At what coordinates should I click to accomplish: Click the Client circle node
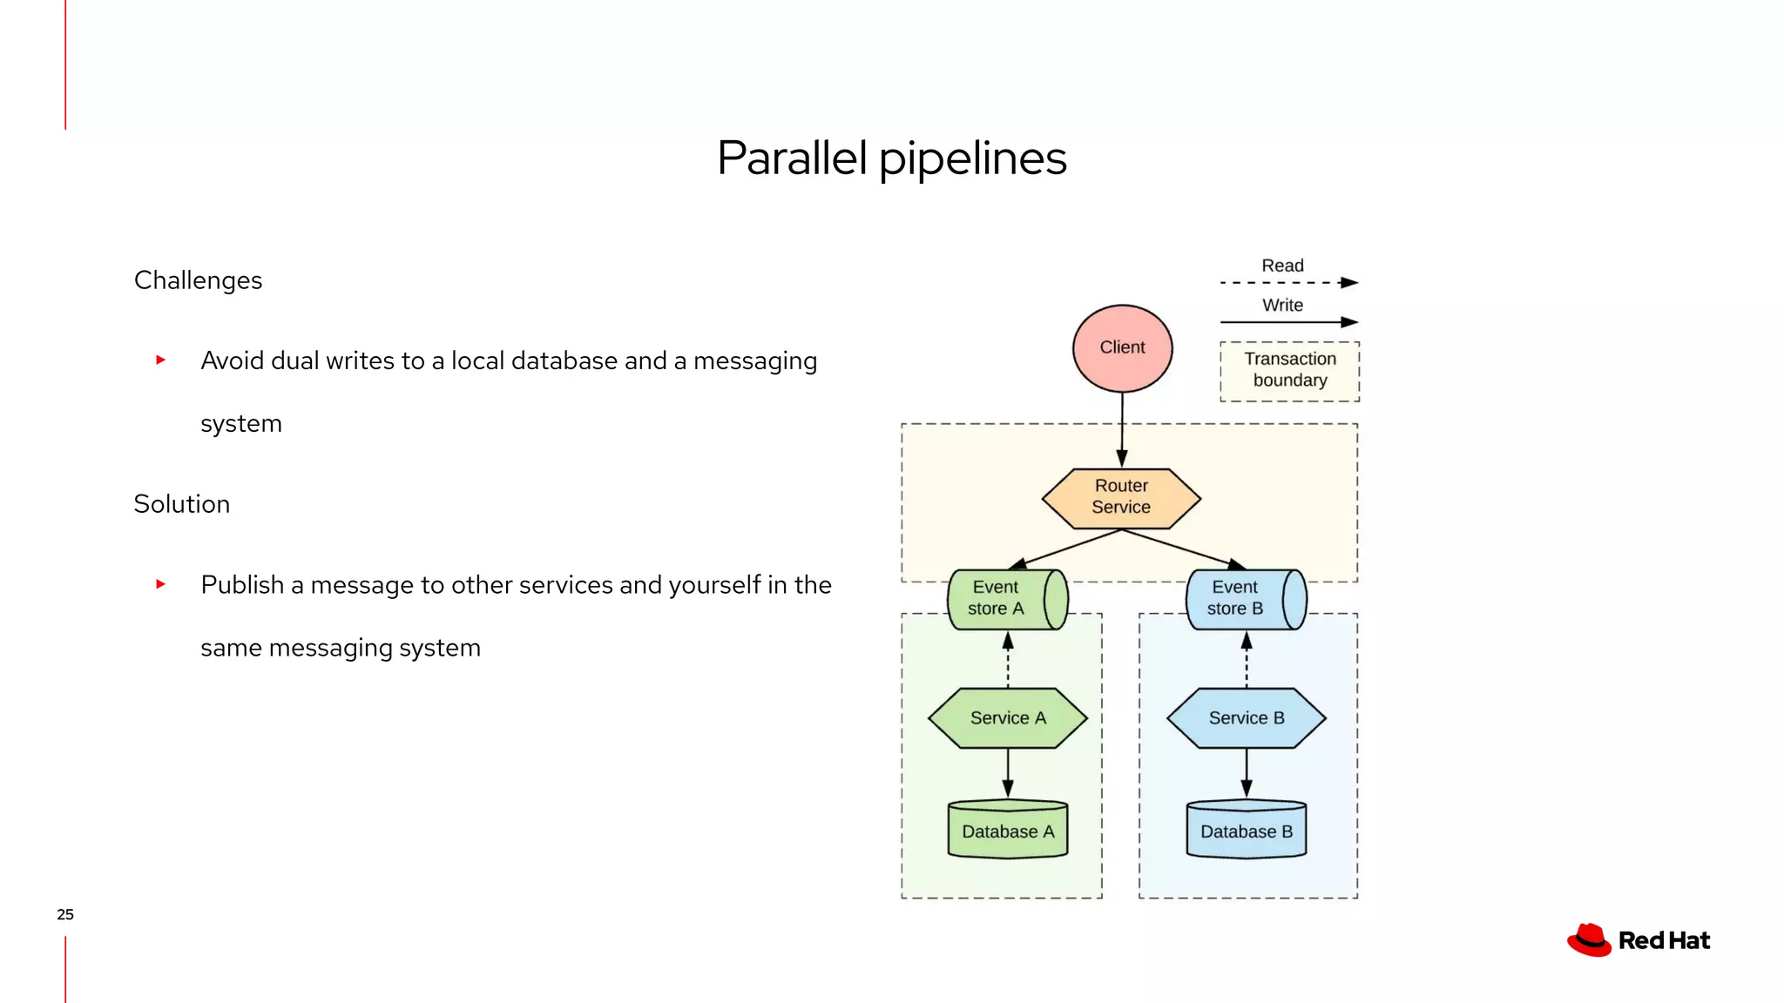(1122, 348)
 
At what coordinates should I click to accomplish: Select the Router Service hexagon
(1121, 498)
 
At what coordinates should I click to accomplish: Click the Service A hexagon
(1008, 718)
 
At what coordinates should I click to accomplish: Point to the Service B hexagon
(1246, 718)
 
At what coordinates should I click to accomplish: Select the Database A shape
(1008, 830)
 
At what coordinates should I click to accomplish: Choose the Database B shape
(1246, 830)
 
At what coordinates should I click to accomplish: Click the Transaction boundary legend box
(1289, 371)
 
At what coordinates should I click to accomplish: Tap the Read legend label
(1282, 266)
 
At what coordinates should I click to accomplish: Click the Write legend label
(1282, 306)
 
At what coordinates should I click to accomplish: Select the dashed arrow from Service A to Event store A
(1008, 662)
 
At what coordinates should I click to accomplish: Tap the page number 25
(65, 914)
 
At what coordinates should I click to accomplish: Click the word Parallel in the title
(792, 158)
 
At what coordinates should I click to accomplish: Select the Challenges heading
(198, 280)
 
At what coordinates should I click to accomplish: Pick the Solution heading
(181, 504)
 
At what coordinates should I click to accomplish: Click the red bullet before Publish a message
(160, 584)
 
